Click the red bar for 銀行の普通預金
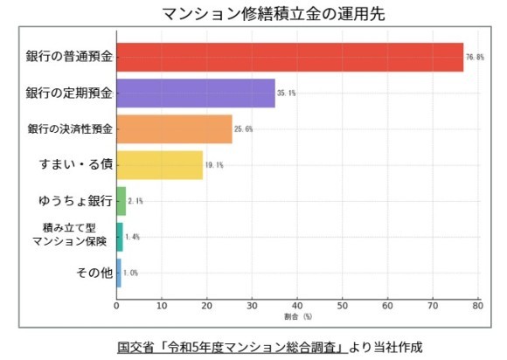(x=288, y=58)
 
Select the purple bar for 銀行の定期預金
(x=195, y=93)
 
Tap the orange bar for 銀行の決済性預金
(x=174, y=128)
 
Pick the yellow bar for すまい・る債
(x=159, y=164)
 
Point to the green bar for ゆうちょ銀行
(x=121, y=200)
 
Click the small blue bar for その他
(x=119, y=272)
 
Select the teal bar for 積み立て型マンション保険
(x=120, y=236)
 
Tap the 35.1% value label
(x=288, y=93)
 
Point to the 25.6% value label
(x=245, y=129)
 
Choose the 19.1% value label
(x=215, y=165)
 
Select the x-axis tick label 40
(x=297, y=306)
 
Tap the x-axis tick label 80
(x=477, y=306)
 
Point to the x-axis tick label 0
(x=117, y=306)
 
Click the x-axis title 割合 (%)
(x=297, y=317)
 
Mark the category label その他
(x=95, y=273)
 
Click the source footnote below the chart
(x=270, y=346)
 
